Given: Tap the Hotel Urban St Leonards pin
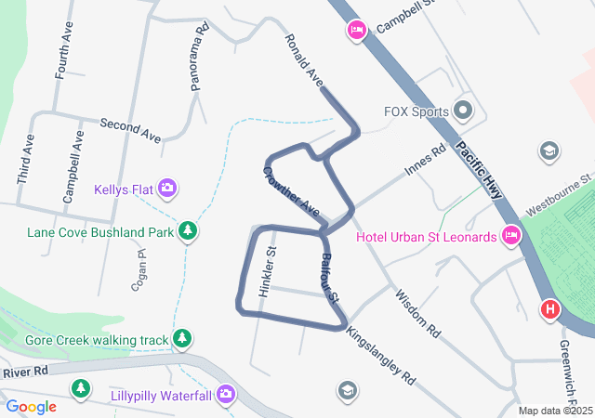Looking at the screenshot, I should click(510, 236).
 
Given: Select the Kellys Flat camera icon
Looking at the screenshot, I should click(167, 189).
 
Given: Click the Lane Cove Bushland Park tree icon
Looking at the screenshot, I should click(189, 229).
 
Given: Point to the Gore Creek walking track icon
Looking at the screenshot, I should click(183, 340).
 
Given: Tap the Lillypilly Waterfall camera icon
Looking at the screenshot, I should click(226, 396).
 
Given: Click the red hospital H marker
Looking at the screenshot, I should click(549, 308).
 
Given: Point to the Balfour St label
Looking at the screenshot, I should click(330, 276).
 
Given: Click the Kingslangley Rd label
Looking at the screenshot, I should click(381, 355).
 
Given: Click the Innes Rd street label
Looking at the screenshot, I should click(426, 161).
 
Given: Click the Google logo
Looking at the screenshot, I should click(31, 406).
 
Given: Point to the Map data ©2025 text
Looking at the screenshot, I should click(555, 411).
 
